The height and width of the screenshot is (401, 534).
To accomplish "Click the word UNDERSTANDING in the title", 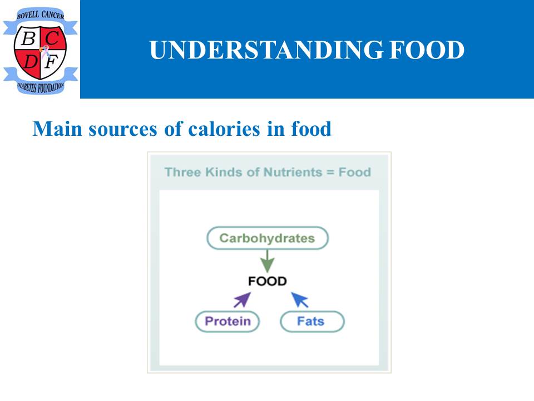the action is pyautogui.click(x=266, y=50).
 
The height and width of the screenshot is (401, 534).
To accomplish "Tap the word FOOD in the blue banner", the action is pyautogui.click(x=427, y=50).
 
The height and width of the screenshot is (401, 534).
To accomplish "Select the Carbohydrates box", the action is pyautogui.click(x=268, y=238).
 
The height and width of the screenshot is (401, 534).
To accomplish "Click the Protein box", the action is pyautogui.click(x=228, y=321).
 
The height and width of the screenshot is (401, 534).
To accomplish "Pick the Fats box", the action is pyautogui.click(x=312, y=321).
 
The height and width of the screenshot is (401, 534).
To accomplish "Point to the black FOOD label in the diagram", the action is pyautogui.click(x=268, y=281).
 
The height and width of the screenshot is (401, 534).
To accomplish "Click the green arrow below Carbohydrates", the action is pyautogui.click(x=268, y=261).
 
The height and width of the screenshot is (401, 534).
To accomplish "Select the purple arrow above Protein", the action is pyautogui.click(x=242, y=300).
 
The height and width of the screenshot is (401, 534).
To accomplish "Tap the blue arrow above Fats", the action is pyautogui.click(x=300, y=300).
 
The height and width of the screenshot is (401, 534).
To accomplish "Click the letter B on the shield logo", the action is pyautogui.click(x=28, y=38).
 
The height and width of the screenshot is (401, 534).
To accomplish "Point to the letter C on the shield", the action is pyautogui.click(x=52, y=38).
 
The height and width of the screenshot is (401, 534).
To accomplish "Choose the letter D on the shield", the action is pyautogui.click(x=31, y=62).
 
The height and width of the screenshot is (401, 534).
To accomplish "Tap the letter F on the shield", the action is pyautogui.click(x=51, y=62).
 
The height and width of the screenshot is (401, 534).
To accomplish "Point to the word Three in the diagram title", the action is pyautogui.click(x=182, y=172).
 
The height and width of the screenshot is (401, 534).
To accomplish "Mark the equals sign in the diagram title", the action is pyautogui.click(x=330, y=172).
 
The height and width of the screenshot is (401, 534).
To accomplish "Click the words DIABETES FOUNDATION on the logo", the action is pyautogui.click(x=41, y=87).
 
